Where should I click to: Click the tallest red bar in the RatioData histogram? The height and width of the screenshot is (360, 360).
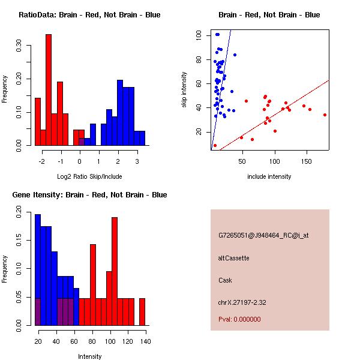point(49,90)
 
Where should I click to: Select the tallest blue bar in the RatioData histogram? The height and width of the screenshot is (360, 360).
point(120,113)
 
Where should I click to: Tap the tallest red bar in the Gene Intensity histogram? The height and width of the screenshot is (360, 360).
point(115,271)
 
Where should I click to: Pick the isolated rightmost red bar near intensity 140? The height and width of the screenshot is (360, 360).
point(142,312)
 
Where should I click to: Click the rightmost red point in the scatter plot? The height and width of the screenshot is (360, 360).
point(325,115)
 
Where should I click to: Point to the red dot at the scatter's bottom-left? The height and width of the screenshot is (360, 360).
point(215,146)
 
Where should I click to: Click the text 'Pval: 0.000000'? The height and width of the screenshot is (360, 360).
point(239,319)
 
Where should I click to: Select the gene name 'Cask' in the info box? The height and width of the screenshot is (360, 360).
point(225,280)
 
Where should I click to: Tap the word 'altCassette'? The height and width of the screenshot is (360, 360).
point(233,258)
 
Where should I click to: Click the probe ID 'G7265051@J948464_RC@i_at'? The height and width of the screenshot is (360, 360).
point(263,235)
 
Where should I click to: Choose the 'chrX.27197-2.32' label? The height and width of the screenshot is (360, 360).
point(242,302)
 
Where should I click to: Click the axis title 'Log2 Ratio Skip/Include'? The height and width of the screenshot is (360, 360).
point(89,176)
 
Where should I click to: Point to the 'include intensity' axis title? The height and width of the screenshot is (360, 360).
point(269,176)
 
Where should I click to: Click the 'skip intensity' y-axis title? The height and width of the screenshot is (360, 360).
point(184,89)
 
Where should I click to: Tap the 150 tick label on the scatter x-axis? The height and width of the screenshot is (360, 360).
point(307,161)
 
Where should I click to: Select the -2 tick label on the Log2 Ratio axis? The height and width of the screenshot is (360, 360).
point(42,161)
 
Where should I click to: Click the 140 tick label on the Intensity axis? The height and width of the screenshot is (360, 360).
point(146,341)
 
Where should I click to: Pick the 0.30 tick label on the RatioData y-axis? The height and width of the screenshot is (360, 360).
point(19,46)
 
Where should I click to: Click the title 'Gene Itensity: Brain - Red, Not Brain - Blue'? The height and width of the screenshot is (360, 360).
point(89,194)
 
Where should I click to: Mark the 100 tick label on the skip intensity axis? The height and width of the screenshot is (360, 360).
point(199,35)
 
